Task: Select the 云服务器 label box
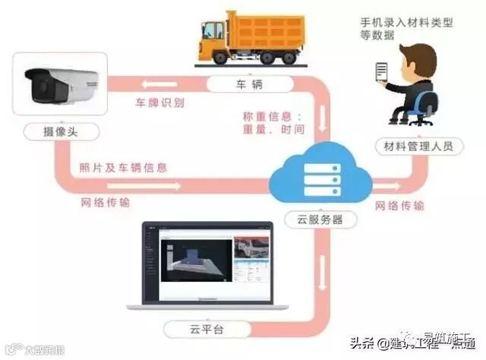point(319,219)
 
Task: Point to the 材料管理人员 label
point(418,145)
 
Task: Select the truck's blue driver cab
point(214,33)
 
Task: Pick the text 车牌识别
point(159,102)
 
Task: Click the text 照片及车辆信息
point(122,167)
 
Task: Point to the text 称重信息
point(269,116)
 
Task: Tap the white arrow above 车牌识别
point(164,83)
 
